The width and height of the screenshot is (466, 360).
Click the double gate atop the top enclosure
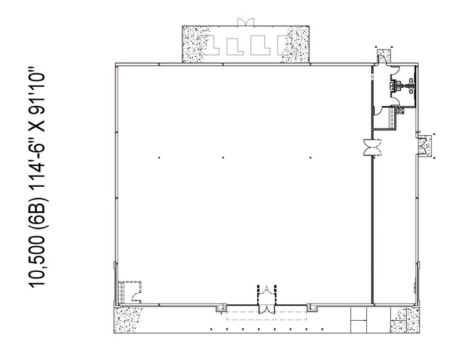[245, 23]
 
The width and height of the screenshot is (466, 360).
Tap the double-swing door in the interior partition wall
[372, 148]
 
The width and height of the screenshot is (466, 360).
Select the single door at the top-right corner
[381, 57]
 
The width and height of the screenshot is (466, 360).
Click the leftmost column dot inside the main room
[159, 158]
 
